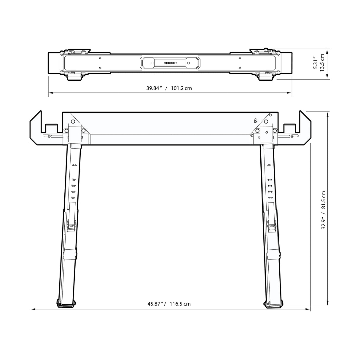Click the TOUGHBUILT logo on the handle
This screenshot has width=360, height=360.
point(170,63)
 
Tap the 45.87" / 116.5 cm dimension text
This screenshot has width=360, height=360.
point(169,304)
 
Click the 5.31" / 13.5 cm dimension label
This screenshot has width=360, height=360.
point(319,63)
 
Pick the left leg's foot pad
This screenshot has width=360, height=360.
point(66,303)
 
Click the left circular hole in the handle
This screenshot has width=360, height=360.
point(152,63)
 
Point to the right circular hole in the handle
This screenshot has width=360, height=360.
point(188,63)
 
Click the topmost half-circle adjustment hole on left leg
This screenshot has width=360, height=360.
point(74,165)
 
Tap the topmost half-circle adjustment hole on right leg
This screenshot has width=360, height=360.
point(269,165)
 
